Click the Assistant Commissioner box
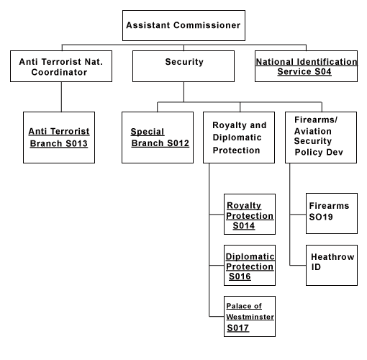coord(183,25)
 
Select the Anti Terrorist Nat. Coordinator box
coord(61,66)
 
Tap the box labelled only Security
coord(183,66)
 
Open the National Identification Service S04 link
coord(307,67)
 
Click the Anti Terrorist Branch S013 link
coord(59,138)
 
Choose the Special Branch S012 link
coord(160,138)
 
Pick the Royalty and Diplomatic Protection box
coord(239,138)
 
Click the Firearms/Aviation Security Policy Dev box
coord(321,138)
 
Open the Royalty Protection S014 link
coord(250,215)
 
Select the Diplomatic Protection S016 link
coord(250,266)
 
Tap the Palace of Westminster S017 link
coord(250,317)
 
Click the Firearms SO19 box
coord(332,213)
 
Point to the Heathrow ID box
coord(332,265)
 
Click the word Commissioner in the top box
coord(207,25)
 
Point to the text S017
coord(238,328)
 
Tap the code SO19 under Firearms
coord(321,217)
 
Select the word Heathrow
coord(332,257)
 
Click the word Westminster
coord(250,317)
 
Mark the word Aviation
coord(313,131)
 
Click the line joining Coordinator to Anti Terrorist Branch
coord(61,96)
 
